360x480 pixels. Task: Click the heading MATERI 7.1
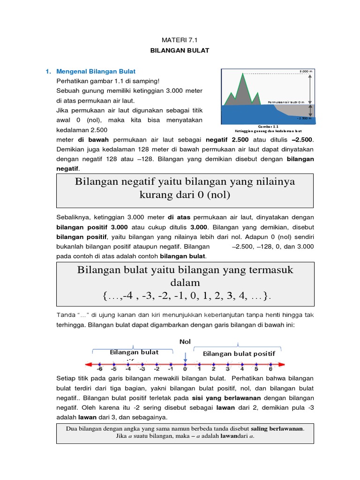180,41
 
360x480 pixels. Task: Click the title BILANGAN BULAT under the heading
180,50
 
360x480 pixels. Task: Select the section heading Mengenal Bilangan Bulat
96,71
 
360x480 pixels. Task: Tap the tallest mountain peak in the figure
242,74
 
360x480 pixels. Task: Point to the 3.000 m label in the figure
305,71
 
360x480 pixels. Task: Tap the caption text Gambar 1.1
269,127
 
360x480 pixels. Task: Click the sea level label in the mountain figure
286,102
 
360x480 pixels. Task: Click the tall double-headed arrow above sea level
309,88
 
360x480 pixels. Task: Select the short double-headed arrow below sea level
309,111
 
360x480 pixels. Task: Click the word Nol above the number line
185,341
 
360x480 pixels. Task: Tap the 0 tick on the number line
185,364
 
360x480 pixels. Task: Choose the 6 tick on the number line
270,364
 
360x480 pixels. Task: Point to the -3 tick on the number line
142,364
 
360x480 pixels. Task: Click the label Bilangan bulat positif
239,354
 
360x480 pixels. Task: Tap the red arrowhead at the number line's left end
86,364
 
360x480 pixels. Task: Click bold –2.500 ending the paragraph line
301,140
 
